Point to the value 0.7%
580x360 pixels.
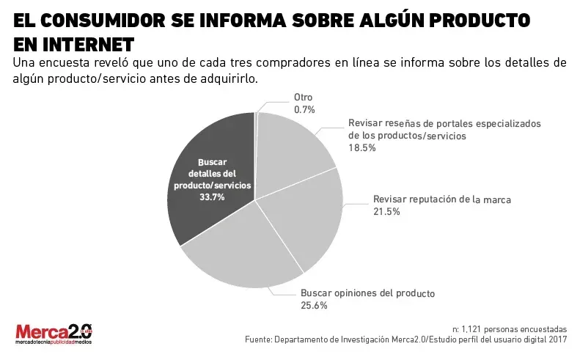[304, 109]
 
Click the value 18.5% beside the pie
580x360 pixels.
[361, 147]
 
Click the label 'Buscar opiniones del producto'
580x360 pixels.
[367, 293]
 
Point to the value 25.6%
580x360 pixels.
[314, 306]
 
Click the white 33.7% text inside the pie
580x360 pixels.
[212, 197]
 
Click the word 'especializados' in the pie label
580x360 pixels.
[507, 123]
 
